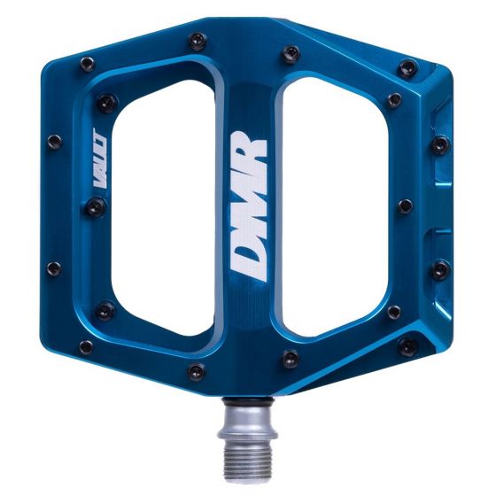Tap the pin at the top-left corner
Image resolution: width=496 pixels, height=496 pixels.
coord(87,63)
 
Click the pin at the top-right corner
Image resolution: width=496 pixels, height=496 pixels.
coord(407,67)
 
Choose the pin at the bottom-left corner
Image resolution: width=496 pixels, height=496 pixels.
coord(87,347)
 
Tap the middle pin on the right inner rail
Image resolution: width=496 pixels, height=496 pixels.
coord(405,206)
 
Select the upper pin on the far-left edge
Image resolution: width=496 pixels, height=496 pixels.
coord(54,141)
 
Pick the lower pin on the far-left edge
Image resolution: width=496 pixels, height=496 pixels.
coord(54,267)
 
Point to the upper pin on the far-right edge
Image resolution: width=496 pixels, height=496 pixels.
coord(440,144)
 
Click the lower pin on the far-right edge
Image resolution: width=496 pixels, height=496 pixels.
coord(440,268)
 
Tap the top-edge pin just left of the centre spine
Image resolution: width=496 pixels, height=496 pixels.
coord(198,41)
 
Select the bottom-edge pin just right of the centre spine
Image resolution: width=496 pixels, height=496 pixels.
coord(290,359)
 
